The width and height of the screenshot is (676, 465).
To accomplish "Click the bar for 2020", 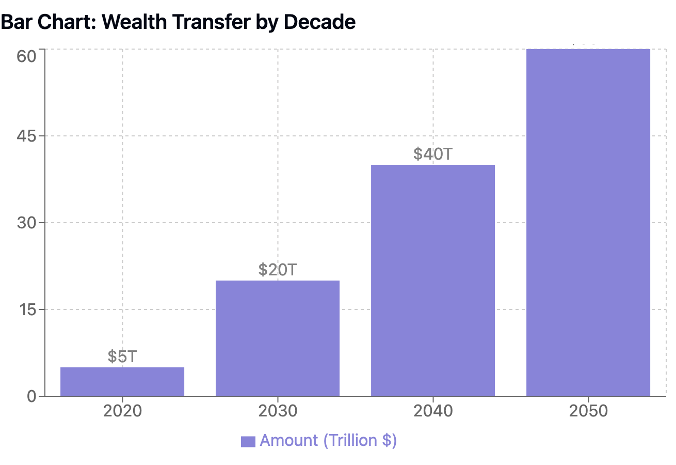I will (122, 382).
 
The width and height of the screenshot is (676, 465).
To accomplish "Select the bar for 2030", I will (278, 338).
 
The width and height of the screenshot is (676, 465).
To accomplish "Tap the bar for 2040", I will (433, 281).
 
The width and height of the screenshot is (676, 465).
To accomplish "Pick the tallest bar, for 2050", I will (588, 223).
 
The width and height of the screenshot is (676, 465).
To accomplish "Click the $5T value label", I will (122, 357).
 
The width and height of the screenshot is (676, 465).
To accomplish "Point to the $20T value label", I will (278, 270).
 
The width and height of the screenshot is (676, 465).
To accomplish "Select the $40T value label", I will (433, 154).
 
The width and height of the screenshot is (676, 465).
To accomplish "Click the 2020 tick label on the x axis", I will (122, 411).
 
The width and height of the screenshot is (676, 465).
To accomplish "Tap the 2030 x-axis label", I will (278, 411).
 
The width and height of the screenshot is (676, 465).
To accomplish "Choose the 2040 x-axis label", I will (433, 411).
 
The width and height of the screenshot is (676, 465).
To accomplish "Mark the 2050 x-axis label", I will (588, 411).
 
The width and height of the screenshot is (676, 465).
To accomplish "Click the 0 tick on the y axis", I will (32, 397).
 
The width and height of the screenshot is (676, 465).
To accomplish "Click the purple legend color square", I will (248, 441).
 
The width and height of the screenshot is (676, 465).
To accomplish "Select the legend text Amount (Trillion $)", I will (328, 441).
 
